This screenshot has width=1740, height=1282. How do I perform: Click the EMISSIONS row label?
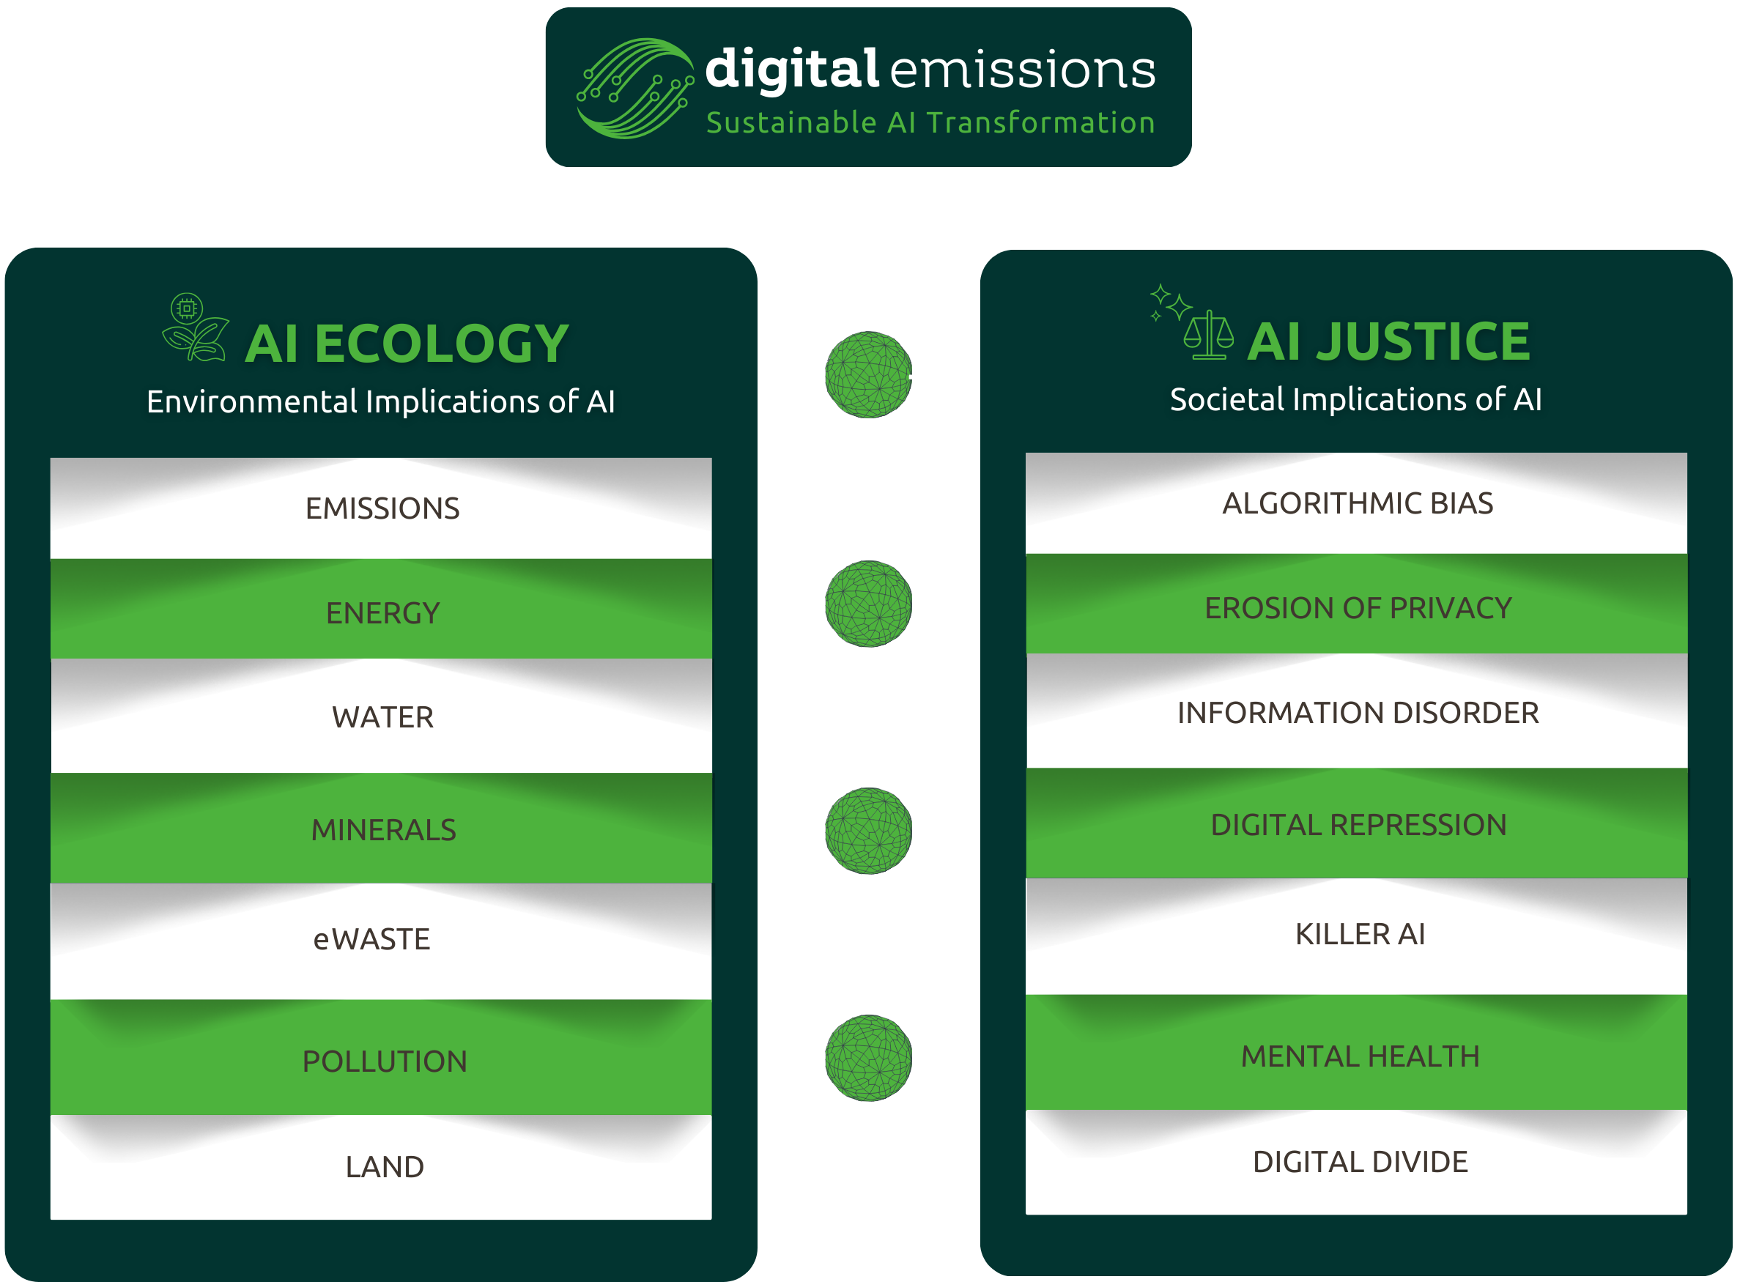point(382,508)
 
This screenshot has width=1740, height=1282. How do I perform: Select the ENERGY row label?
point(382,613)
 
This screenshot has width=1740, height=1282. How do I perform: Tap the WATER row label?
point(382,717)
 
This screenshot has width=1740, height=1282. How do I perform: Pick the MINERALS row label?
point(383,829)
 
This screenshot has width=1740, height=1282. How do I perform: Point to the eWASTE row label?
point(371,939)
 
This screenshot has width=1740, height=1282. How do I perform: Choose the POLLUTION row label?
point(384,1061)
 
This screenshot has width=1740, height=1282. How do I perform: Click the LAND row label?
point(384,1166)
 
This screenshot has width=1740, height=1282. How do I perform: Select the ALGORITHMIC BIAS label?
point(1358,503)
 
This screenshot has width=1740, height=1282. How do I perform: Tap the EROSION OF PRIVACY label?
point(1358,607)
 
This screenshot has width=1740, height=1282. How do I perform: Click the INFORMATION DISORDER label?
point(1358,712)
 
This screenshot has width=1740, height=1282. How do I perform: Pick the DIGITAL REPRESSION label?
point(1358,824)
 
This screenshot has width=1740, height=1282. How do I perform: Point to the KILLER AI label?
point(1360,933)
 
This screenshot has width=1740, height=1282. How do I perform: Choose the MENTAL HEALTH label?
point(1360,1056)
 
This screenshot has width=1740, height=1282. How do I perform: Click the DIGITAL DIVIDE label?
point(1360,1161)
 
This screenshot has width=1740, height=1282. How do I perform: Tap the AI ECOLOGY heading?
point(407,343)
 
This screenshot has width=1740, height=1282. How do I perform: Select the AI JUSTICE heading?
point(1388,341)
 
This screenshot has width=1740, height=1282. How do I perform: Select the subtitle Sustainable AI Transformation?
point(930,122)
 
